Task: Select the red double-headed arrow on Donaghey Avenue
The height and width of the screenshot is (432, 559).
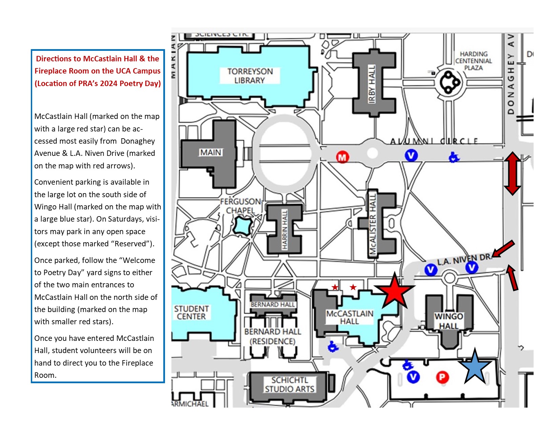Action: pos(512,173)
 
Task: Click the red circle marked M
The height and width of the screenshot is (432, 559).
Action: pos(343,157)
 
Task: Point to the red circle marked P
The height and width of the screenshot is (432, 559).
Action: pos(442,377)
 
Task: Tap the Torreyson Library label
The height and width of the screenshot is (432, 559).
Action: pos(250,76)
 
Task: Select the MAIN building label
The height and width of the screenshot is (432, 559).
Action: pos(211,152)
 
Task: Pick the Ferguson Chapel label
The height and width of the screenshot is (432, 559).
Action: pos(241,206)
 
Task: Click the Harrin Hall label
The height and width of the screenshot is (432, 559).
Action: pos(285,229)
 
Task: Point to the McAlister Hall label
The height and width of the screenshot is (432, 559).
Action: pos(373,224)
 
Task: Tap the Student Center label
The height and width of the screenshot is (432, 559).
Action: pos(191,312)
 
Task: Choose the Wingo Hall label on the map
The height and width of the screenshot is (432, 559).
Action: pos(449,321)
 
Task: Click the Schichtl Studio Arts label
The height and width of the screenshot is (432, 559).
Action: pos(290,385)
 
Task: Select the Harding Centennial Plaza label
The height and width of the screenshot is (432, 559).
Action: pos(473,61)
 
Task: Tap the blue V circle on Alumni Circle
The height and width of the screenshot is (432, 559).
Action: pos(411,156)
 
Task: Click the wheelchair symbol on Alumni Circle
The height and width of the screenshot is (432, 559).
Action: pos(454,157)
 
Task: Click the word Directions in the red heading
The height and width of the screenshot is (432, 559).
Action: pos(53,59)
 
